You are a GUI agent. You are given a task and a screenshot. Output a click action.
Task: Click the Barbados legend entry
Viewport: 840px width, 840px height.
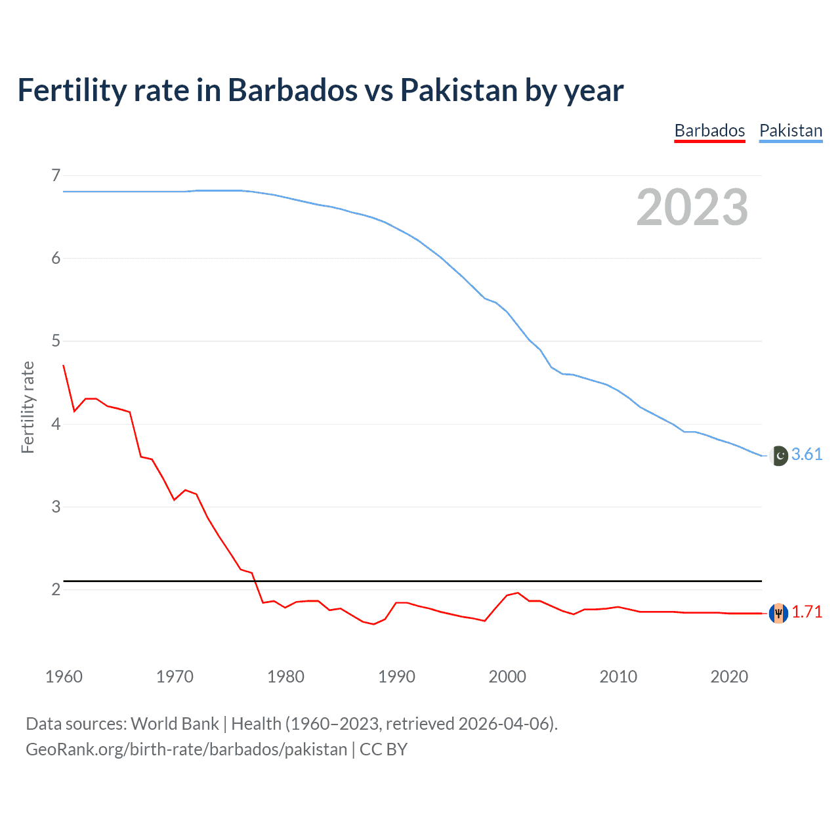(709, 131)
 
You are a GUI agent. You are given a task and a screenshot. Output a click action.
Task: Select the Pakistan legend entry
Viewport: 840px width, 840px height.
(790, 131)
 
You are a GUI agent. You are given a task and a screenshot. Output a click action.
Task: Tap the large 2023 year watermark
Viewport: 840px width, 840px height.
(692, 207)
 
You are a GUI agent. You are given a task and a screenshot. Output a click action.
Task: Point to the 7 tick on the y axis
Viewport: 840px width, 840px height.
(56, 175)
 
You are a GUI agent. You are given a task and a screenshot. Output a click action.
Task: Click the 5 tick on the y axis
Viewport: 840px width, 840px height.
(56, 341)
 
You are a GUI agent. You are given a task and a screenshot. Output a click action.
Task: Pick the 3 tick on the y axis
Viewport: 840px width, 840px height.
(56, 507)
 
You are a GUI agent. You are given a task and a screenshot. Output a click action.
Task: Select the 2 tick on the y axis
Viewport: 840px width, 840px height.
(56, 589)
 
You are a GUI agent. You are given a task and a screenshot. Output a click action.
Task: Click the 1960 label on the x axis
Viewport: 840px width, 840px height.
(64, 677)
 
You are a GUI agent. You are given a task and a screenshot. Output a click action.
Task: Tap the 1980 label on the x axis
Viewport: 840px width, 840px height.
(285, 677)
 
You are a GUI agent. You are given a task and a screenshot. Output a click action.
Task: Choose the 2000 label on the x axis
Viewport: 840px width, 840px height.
(507, 677)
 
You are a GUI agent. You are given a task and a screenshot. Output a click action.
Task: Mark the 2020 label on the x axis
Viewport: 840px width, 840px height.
(729, 677)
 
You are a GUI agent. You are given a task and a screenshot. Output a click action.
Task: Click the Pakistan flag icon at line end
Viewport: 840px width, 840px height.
(778, 455)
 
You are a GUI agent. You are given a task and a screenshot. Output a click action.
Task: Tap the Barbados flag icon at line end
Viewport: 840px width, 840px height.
(778, 613)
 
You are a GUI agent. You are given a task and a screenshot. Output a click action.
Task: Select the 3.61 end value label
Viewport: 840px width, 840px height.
(807, 454)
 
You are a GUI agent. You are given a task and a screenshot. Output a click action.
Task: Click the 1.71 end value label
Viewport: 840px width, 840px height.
(807, 612)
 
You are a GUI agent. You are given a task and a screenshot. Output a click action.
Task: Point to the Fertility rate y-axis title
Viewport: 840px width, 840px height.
(28, 407)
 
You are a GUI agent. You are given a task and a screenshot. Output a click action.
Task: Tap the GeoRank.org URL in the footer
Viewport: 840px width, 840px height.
(186, 749)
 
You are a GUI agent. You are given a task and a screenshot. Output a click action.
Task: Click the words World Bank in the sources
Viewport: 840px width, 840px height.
(175, 723)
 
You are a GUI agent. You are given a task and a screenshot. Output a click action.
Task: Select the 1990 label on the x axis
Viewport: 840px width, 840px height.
(396, 677)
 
